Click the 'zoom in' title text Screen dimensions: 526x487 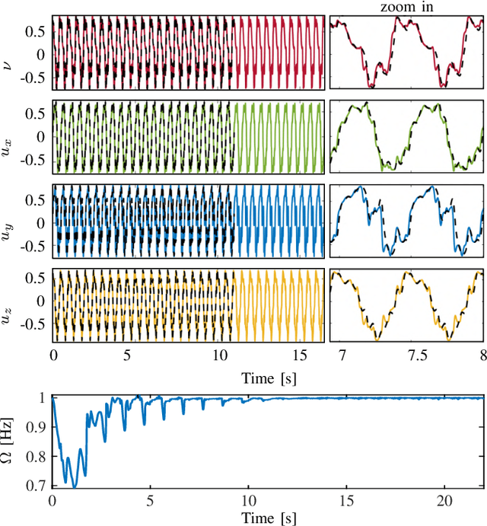tap(406, 7)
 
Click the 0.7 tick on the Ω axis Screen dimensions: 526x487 tap(36, 485)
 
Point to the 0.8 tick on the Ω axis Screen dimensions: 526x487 tap(36, 456)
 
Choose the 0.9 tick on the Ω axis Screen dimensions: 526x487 tap(36, 426)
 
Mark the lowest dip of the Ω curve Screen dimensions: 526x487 tap(74, 485)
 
